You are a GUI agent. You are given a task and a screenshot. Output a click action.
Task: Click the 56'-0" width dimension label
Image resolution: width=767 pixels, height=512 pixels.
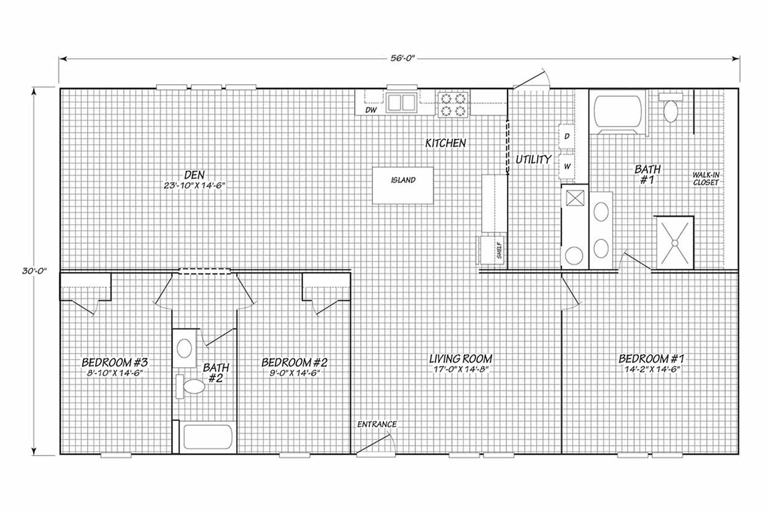point(403,58)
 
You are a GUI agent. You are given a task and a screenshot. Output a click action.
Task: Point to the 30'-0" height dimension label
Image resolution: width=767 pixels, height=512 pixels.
point(34,271)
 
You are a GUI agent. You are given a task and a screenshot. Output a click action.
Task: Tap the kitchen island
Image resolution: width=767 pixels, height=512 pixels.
point(403,185)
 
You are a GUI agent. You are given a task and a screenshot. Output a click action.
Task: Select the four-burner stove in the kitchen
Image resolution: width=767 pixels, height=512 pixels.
point(453,104)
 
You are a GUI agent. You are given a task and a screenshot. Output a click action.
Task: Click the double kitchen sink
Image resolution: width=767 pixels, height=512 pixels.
point(401,103)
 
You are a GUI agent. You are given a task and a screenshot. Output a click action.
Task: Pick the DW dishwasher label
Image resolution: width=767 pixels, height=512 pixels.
point(371,110)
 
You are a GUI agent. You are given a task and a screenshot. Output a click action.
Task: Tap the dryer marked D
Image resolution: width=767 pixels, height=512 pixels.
point(567,136)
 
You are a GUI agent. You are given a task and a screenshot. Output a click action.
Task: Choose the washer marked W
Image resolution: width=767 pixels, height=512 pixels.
point(567,166)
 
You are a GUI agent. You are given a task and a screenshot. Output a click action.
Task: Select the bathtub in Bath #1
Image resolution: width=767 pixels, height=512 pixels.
point(618,111)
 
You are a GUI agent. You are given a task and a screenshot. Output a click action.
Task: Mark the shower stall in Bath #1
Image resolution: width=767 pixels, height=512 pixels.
point(674,243)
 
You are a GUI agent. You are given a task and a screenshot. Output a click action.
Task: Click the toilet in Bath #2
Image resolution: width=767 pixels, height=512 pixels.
point(190,386)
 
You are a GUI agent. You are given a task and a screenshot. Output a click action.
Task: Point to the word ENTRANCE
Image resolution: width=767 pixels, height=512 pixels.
point(377,424)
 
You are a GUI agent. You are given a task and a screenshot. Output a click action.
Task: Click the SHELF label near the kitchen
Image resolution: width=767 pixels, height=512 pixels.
point(499,250)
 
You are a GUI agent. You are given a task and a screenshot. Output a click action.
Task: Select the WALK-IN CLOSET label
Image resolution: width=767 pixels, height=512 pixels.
point(706,179)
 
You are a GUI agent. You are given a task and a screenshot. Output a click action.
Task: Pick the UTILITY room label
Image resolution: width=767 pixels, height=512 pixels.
point(533,159)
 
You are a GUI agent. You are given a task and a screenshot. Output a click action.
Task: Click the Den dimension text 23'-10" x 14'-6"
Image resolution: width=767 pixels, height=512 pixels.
point(194,185)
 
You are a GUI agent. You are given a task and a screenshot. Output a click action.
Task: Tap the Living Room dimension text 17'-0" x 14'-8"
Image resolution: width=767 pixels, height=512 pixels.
point(461,369)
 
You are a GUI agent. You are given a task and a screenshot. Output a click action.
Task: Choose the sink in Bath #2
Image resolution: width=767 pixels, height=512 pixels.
point(184,348)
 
